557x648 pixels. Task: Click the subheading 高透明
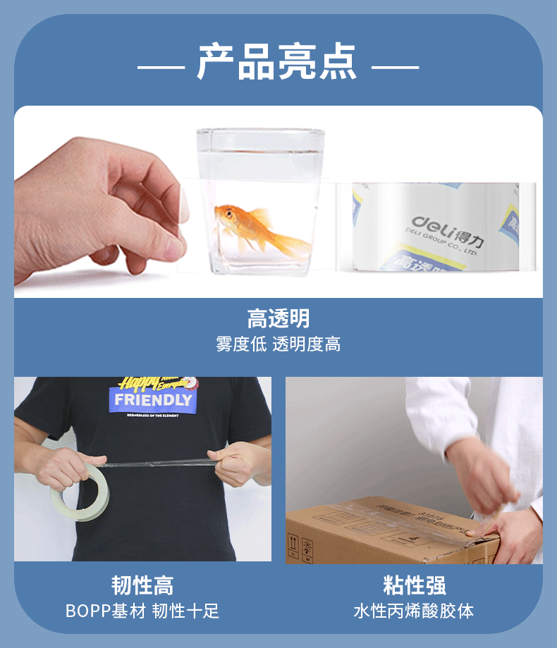click(x=278, y=318)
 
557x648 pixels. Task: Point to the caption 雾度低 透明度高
click(x=278, y=344)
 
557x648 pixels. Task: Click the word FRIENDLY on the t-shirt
click(x=153, y=400)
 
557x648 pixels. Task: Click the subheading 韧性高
click(x=142, y=585)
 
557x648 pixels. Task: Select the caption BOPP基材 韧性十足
click(x=142, y=611)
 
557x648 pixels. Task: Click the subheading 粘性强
click(x=414, y=585)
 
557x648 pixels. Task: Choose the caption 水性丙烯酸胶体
click(x=414, y=611)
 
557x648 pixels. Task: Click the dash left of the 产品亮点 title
click(x=161, y=68)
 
